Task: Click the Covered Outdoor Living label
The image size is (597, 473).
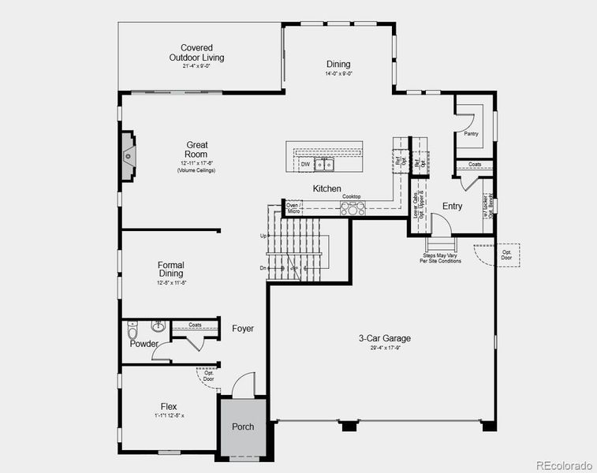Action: click(x=196, y=53)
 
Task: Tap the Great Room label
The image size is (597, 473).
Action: click(x=196, y=150)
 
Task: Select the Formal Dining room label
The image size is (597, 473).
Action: click(x=171, y=270)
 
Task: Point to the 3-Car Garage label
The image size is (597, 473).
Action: click(x=384, y=338)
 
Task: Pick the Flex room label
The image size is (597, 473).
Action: click(x=169, y=407)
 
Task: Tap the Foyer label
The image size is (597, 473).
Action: click(x=243, y=328)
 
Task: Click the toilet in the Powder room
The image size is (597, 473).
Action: click(x=134, y=329)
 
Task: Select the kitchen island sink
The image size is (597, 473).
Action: click(x=323, y=165)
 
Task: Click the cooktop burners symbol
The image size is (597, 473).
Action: click(x=353, y=208)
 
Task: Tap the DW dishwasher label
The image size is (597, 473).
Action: click(x=305, y=165)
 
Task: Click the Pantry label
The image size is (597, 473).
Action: click(x=471, y=134)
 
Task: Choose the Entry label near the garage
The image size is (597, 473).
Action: click(x=452, y=207)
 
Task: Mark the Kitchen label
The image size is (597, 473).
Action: click(x=326, y=189)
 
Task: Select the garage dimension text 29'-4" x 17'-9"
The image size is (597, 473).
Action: click(x=385, y=348)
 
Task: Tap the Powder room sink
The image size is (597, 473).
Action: click(x=158, y=326)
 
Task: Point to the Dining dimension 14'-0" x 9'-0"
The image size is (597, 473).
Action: click(x=338, y=74)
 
